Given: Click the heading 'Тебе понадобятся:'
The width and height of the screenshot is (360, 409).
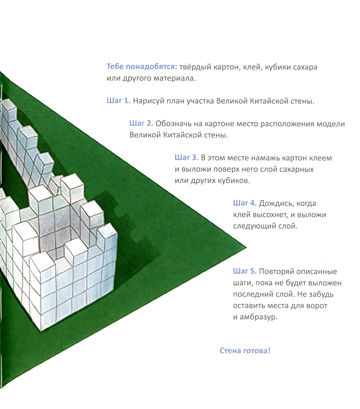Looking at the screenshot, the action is (x=142, y=67).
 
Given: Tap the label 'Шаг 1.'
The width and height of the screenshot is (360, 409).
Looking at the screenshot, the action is (x=118, y=101).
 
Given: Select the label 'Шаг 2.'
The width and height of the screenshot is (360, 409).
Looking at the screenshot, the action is (x=141, y=123).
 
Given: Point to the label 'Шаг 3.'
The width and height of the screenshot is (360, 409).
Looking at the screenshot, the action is (x=186, y=158).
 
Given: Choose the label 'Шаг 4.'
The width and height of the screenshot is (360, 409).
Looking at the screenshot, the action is (x=245, y=203).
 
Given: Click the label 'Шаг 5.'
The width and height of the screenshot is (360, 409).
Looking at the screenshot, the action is (x=245, y=271).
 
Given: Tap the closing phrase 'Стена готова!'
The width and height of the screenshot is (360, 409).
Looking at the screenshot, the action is (x=245, y=351).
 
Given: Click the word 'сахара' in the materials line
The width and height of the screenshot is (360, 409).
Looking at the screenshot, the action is (x=305, y=68).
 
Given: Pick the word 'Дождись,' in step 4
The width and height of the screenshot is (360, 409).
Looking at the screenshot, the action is (x=276, y=203).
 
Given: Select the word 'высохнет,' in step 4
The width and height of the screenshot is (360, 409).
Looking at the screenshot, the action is (x=277, y=215).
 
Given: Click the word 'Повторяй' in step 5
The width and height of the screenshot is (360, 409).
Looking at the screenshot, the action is (x=276, y=272).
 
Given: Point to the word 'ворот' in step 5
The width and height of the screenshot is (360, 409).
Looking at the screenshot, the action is (x=316, y=306).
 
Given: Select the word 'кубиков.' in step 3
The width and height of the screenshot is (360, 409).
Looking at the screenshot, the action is (x=233, y=181).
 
